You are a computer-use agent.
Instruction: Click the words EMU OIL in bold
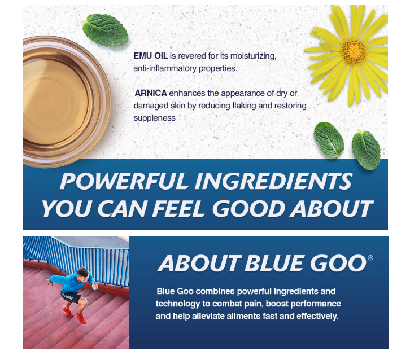(151, 56)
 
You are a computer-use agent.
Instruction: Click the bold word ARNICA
(151, 93)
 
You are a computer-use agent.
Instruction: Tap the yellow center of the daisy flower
(354, 52)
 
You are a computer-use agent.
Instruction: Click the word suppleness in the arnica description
(154, 118)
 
